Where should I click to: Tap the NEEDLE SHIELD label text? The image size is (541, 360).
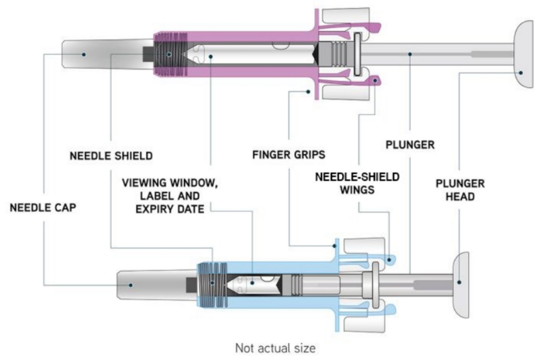click(110, 156)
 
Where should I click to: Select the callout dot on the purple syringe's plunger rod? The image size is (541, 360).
click(410, 53)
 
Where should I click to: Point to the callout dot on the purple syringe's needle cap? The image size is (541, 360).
click(84, 54)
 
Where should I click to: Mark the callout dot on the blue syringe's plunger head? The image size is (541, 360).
click(459, 282)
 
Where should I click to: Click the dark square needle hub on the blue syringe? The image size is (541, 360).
click(192, 284)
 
